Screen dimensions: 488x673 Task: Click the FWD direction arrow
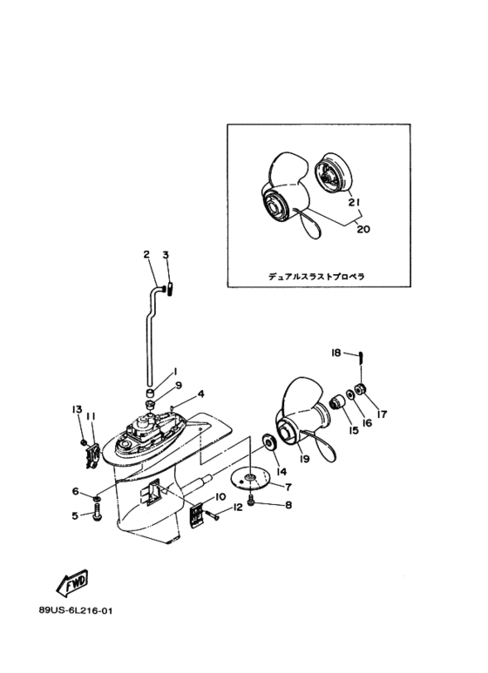point(73,582)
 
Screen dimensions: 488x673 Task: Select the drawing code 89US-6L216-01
point(76,610)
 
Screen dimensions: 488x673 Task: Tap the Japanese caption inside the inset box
point(316,276)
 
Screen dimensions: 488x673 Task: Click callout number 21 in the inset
point(354,202)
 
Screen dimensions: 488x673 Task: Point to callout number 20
point(363,229)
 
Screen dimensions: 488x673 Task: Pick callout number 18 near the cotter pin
point(335,353)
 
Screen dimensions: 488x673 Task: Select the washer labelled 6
point(97,498)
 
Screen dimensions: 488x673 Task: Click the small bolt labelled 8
point(251,500)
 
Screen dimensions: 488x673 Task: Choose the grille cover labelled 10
point(196,513)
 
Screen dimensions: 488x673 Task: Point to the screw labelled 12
point(213,515)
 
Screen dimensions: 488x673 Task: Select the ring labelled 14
point(269,442)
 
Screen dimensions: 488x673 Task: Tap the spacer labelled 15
point(337,403)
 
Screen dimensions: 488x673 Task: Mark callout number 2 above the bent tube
point(146,254)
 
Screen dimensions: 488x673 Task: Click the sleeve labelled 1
point(150,393)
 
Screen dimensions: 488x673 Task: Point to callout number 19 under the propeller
point(305,459)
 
